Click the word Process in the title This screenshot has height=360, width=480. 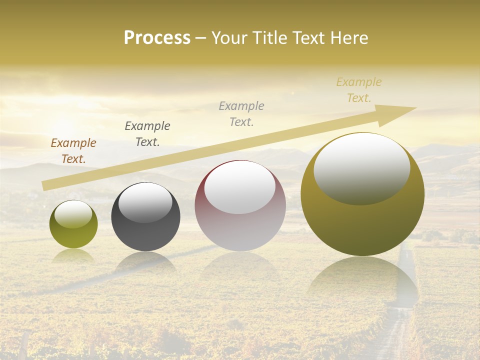coord(157,38)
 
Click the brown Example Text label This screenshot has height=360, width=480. coord(73,151)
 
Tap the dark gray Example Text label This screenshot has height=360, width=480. coord(147,134)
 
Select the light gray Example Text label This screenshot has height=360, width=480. coord(241,114)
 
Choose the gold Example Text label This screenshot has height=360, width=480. coord(359,90)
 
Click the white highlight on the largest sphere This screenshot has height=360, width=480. coord(362,167)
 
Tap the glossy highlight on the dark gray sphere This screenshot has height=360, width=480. coord(145,201)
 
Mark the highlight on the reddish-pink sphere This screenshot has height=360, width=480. coord(240,187)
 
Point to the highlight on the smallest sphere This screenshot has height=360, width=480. coord(73,214)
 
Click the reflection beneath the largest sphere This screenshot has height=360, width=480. coord(362,280)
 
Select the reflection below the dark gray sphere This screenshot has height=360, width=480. coord(145,262)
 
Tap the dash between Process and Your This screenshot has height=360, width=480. coord(201,38)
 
